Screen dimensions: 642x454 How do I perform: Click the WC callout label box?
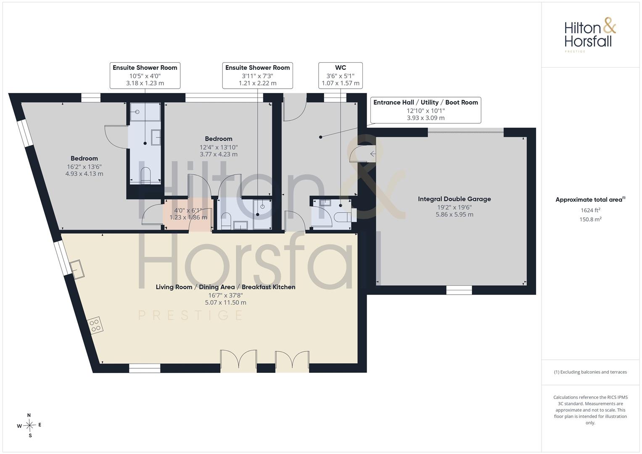click(x=341, y=75)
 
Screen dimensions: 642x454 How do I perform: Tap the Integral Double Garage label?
click(x=454, y=199)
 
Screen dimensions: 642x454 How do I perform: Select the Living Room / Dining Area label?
click(x=195, y=287)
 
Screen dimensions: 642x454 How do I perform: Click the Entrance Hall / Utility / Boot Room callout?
click(x=425, y=110)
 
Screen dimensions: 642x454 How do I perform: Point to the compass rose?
click(x=29, y=425)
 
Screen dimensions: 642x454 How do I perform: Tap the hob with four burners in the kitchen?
click(x=95, y=325)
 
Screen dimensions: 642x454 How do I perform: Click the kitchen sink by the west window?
click(x=77, y=269)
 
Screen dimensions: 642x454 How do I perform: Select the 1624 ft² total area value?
click(x=590, y=210)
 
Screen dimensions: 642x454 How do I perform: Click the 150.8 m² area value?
click(x=590, y=219)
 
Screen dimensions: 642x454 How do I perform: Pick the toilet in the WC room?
click(x=343, y=217)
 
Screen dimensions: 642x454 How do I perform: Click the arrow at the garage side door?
click(x=373, y=154)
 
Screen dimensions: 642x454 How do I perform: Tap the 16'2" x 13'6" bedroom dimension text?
click(x=84, y=166)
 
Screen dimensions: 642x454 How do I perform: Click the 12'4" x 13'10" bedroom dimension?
click(x=219, y=147)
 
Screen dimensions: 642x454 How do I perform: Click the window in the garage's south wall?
click(x=459, y=290)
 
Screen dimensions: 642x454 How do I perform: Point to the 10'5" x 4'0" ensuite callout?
click(x=145, y=75)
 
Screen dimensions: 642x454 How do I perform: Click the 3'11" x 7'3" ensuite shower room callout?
click(x=257, y=75)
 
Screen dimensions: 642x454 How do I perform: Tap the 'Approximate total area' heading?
click(x=589, y=200)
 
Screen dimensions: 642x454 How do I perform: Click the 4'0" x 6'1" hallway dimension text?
click(x=188, y=210)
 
